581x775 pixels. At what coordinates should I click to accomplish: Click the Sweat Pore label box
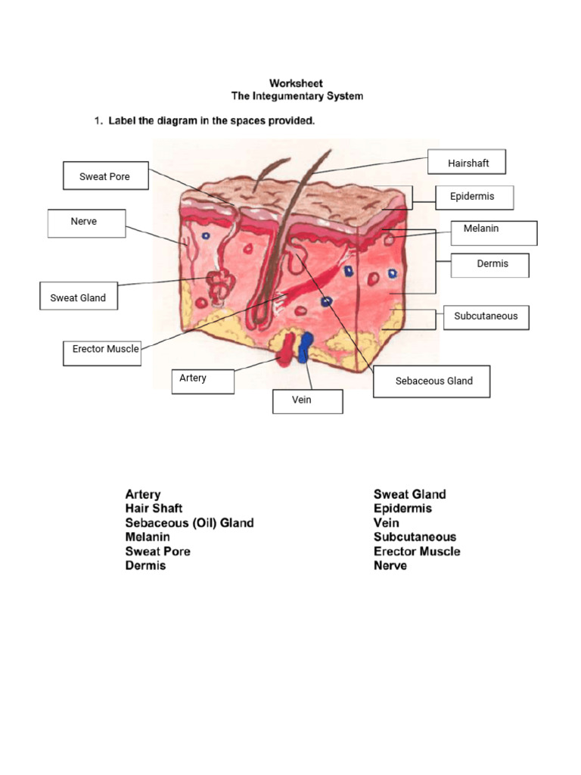[105, 176]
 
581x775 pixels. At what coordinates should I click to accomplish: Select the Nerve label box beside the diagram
[86, 223]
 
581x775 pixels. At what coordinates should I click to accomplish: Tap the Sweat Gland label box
[78, 297]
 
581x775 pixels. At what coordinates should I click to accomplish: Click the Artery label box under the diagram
[203, 380]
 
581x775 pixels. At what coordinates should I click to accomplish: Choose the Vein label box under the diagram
[307, 401]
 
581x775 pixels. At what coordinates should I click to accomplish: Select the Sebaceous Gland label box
[432, 381]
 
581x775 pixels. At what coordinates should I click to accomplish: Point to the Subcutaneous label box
[486, 316]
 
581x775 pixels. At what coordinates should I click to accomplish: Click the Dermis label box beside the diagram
[491, 265]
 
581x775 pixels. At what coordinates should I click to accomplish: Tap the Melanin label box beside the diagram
[494, 232]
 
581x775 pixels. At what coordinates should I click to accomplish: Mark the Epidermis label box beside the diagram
[474, 197]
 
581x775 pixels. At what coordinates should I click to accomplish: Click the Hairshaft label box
[467, 163]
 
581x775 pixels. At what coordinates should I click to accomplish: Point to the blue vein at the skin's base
[306, 347]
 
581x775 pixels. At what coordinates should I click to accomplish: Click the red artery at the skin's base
[286, 350]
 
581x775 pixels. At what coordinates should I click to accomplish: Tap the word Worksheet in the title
[297, 83]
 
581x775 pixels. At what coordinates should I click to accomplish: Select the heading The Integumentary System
[297, 96]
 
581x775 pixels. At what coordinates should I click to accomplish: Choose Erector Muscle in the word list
[416, 551]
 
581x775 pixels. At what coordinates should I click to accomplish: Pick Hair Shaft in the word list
[154, 509]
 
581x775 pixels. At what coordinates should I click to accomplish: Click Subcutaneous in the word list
[415, 537]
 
